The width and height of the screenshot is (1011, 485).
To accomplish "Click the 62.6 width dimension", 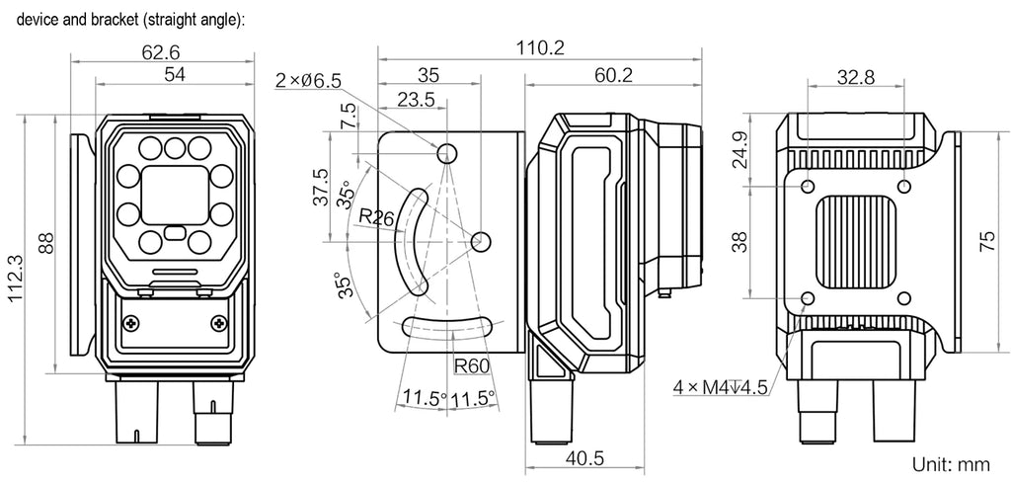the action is [x=161, y=51].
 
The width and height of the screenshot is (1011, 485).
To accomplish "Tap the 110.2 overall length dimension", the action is [x=539, y=47].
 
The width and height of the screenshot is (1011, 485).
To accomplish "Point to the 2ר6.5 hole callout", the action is [x=308, y=81].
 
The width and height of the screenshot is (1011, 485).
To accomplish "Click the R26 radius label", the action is [x=376, y=217].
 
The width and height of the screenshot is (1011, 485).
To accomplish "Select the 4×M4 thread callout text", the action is [x=720, y=387].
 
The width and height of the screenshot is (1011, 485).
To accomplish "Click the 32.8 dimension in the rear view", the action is [x=856, y=77].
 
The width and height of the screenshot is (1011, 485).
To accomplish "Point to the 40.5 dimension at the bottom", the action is [x=585, y=458].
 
